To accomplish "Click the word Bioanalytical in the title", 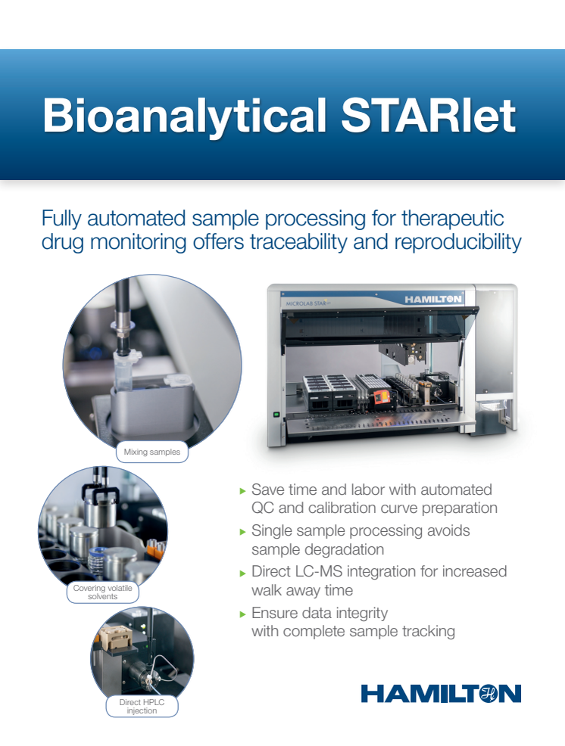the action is pyautogui.click(x=184, y=116).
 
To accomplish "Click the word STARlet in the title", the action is pyautogui.click(x=429, y=115).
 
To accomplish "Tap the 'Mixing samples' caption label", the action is pyautogui.click(x=152, y=452).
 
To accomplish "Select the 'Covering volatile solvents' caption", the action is pyautogui.click(x=102, y=592).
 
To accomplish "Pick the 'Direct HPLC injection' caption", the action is pyautogui.click(x=142, y=707).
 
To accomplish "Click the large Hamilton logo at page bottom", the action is pyautogui.click(x=441, y=694).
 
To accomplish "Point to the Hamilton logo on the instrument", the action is pyautogui.click(x=433, y=300).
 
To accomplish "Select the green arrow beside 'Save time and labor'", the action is pyautogui.click(x=242, y=491).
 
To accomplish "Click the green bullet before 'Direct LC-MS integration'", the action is pyautogui.click(x=242, y=573).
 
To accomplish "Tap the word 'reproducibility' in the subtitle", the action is pyautogui.click(x=457, y=243).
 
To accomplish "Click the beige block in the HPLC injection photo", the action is pyautogui.click(x=115, y=638).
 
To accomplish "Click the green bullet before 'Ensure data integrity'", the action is pyautogui.click(x=242, y=614).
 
